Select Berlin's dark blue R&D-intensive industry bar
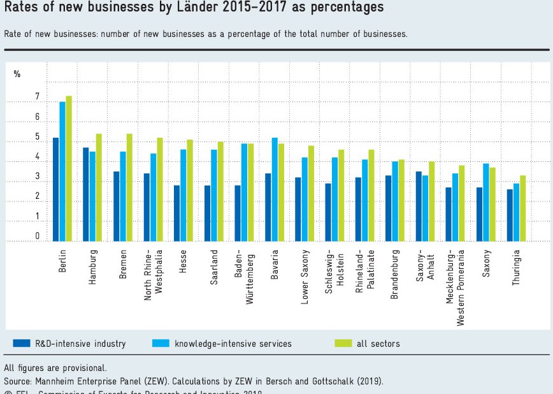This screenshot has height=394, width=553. pos(56,189)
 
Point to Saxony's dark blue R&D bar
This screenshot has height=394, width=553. pos(479,214)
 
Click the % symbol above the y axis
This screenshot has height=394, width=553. pos(17,74)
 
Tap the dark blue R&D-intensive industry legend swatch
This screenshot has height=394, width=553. pos(21,344)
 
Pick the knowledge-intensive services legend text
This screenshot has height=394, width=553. pos(233,344)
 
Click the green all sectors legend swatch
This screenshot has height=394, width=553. pos(343,344)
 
